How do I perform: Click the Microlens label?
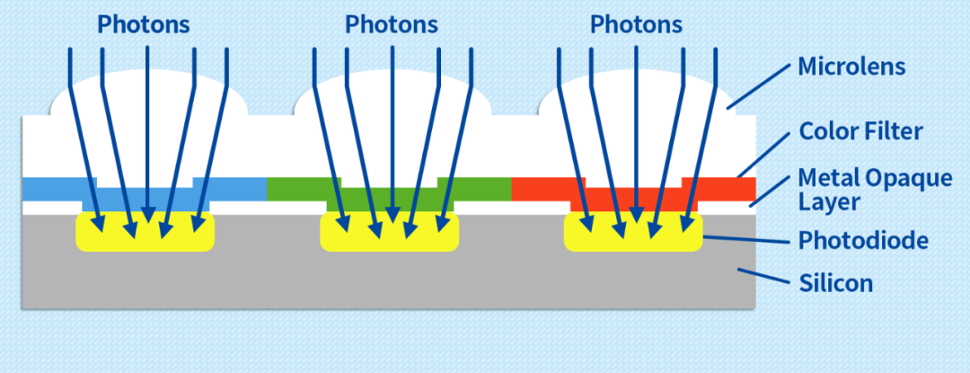[851, 66]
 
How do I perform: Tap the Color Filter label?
[860, 132]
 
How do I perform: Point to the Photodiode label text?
[863, 240]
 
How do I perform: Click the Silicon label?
[835, 283]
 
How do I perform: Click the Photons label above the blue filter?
[144, 24]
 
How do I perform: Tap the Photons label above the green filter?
[392, 24]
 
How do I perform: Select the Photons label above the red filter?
[636, 24]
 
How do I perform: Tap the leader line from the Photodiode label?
[745, 237]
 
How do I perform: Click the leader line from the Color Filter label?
[763, 155]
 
